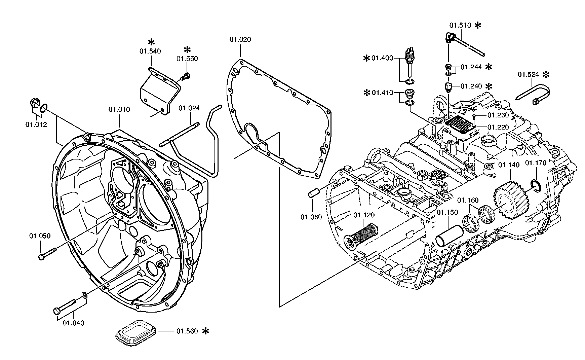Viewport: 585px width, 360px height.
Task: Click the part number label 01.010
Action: [x=119, y=110]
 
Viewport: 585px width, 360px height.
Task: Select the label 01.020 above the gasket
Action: [x=240, y=40]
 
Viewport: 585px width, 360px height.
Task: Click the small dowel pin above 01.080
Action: [x=313, y=193]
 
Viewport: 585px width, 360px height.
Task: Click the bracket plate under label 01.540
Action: [x=159, y=94]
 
